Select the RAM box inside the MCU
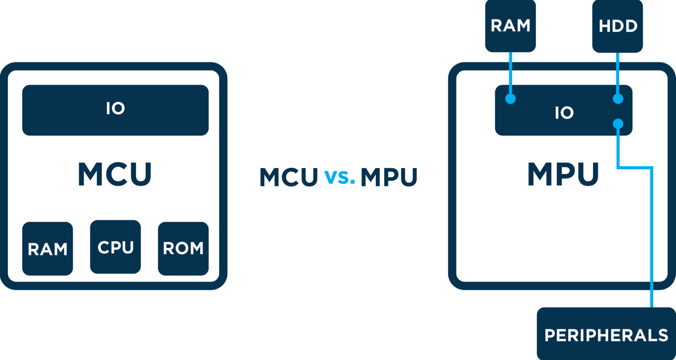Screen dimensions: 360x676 (48, 248)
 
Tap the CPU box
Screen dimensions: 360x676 (115, 247)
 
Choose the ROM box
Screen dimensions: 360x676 (183, 248)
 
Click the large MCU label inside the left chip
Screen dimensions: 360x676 (115, 174)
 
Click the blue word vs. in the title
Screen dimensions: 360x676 (339, 177)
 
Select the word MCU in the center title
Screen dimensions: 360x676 (289, 177)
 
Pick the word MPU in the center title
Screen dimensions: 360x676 (389, 177)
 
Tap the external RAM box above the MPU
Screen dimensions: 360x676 (510, 25)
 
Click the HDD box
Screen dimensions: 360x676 (617, 25)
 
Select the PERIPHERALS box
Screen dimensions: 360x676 (606, 334)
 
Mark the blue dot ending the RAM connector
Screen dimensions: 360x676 (510, 99)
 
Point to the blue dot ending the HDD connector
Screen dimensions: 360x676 (618, 99)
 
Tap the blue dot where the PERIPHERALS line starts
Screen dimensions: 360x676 (618, 124)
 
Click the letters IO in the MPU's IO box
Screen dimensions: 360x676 (564, 113)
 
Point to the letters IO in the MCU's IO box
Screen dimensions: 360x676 (115, 108)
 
